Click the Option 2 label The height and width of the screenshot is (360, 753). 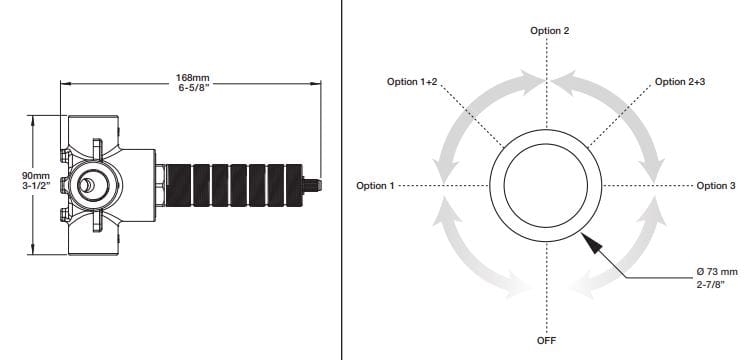[550, 31]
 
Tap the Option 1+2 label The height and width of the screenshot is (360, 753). [412, 82]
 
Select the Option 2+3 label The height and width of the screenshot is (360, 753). [680, 82]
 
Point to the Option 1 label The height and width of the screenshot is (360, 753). [375, 186]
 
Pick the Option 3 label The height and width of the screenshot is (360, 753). [716, 186]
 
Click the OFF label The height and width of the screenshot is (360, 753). [547, 341]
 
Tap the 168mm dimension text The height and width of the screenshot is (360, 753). [193, 78]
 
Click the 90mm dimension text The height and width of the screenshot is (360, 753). [36, 176]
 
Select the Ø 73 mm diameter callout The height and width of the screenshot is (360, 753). [717, 272]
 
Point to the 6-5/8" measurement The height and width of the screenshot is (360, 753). [193, 88]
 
